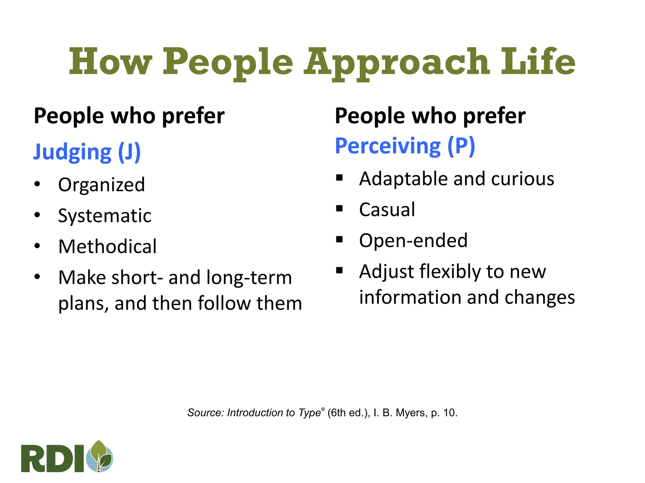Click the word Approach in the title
[396, 62]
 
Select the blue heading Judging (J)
[87, 152]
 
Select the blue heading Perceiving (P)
[405, 146]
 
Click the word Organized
[101, 185]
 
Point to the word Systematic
[105, 216]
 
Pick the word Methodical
[107, 247]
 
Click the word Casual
[387, 210]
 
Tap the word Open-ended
[413, 241]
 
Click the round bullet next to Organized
[37, 184]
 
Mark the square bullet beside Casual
[339, 208]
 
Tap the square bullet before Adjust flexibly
[339, 270]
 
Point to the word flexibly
[450, 272]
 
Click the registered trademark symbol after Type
[323, 409]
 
